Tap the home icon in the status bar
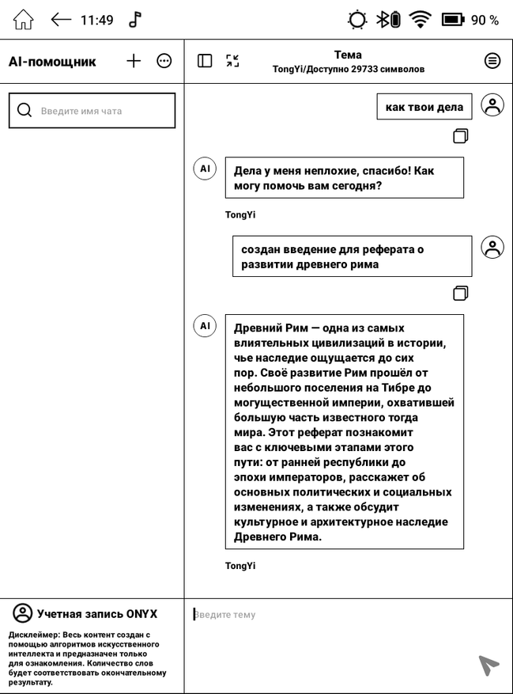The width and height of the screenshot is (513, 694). (24, 20)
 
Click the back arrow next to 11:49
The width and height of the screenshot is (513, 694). (61, 20)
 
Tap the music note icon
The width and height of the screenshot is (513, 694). (135, 20)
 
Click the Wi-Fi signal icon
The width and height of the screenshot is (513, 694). (420, 20)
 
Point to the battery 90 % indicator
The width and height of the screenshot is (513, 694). (470, 20)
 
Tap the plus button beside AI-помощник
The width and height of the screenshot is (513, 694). (134, 61)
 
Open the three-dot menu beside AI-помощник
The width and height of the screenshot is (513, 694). (164, 61)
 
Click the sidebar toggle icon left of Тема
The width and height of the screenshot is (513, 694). (205, 61)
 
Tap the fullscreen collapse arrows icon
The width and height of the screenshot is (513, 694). (232, 61)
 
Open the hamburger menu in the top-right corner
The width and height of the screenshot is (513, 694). (492, 61)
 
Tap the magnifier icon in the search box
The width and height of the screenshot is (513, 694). (25, 111)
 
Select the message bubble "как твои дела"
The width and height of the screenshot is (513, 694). (424, 107)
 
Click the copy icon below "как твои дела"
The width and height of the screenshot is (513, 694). (461, 136)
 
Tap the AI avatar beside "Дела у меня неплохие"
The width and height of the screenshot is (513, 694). (205, 169)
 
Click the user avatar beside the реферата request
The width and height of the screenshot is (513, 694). (492, 248)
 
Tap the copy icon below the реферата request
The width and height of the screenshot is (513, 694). (461, 294)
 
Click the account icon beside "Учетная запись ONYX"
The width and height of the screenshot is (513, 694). (23, 613)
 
